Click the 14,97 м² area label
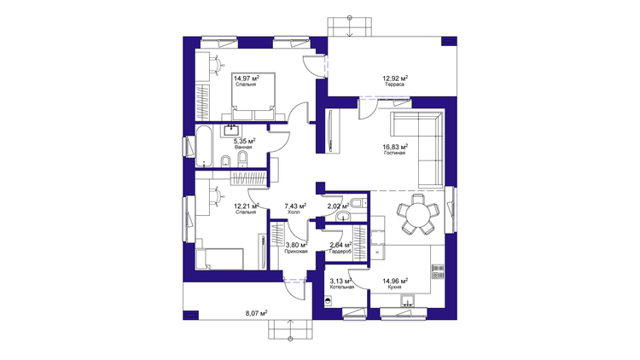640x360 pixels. (x=247, y=78)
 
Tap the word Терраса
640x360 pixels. (x=394, y=84)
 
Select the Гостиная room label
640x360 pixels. (x=394, y=153)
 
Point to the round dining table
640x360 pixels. (x=419, y=213)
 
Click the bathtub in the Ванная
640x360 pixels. (x=203, y=146)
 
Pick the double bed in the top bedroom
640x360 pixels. (x=253, y=96)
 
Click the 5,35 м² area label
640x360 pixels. (x=244, y=142)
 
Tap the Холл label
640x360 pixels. (x=294, y=212)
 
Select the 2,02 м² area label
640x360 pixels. (x=339, y=206)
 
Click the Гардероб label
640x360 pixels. (x=340, y=252)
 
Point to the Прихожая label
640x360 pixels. (x=296, y=252)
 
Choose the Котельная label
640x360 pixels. (x=341, y=287)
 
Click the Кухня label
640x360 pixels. (x=394, y=287)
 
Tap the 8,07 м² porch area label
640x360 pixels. (x=256, y=313)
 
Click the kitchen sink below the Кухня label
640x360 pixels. (x=408, y=301)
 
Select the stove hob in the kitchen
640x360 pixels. (x=438, y=272)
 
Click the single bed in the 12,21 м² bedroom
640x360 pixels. (x=220, y=258)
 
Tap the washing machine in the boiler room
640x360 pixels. (x=329, y=302)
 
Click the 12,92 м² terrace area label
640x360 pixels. (x=395, y=78)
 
